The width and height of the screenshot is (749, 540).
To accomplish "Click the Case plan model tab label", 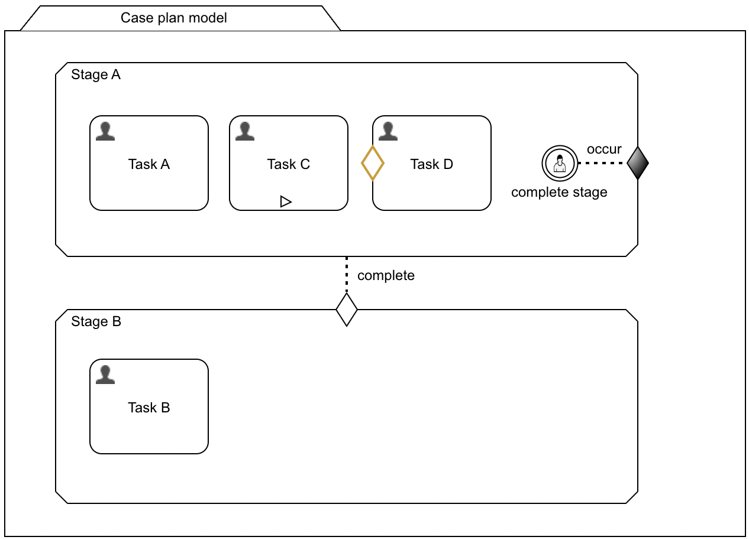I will [174, 18].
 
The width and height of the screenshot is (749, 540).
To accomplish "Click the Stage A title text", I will [96, 75].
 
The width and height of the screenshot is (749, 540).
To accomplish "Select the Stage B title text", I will [96, 322].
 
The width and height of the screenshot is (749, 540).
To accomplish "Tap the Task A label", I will [149, 164].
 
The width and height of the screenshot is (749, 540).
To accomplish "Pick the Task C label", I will [289, 164].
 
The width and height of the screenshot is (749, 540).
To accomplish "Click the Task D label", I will [432, 164].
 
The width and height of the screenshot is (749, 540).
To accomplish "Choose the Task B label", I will [149, 408].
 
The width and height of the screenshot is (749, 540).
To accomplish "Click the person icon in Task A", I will [105, 131].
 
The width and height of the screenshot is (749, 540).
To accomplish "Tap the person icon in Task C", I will [245, 131].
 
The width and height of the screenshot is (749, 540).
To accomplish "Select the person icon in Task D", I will [388, 131].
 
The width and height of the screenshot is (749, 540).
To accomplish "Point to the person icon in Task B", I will [105, 375].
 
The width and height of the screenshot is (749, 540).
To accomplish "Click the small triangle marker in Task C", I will [286, 202].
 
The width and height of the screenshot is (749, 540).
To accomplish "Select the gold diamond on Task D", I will [373, 163].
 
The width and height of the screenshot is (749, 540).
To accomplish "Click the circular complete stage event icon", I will [559, 163].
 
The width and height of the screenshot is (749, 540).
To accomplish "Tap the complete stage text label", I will [559, 193].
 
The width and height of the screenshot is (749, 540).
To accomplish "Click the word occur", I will [604, 149].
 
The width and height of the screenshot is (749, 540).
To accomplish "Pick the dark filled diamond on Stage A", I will [638, 163].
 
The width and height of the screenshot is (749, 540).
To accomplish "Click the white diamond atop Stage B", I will [347, 309].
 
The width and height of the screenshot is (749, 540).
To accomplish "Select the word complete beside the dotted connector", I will [386, 276].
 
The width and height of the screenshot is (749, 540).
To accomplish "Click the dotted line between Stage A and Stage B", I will [347, 275].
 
